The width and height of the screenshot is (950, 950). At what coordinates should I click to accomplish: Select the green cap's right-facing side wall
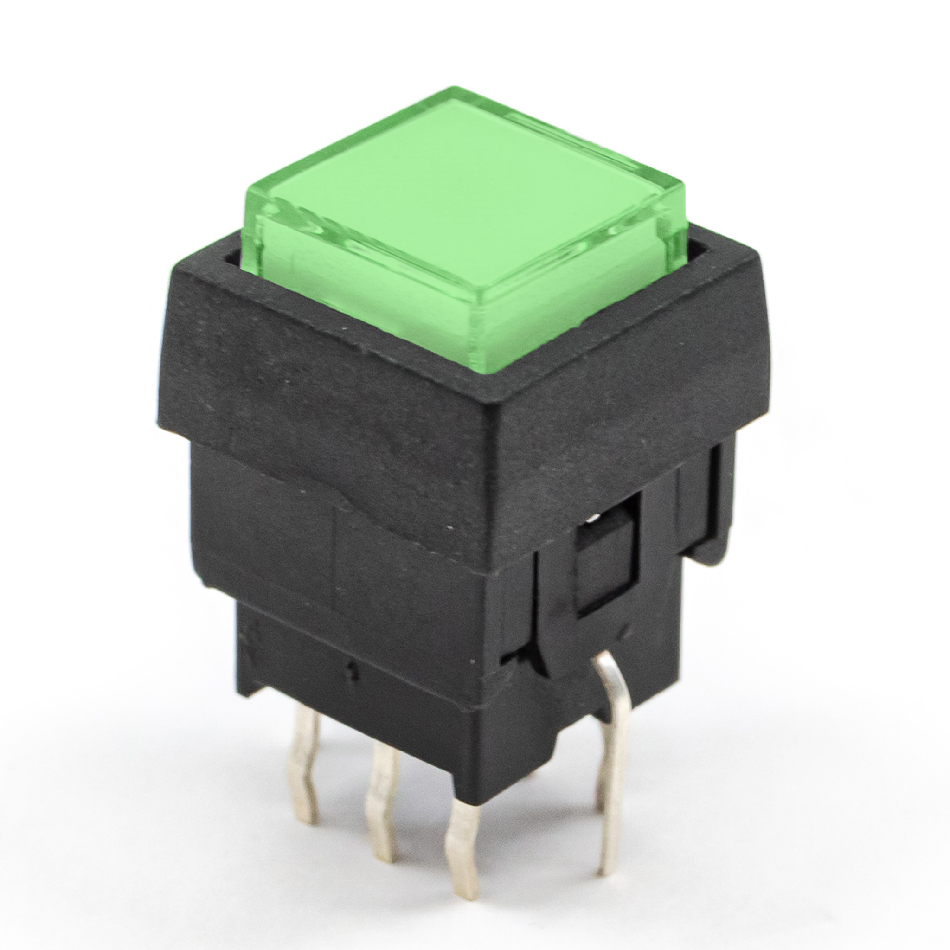tap(580, 285)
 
